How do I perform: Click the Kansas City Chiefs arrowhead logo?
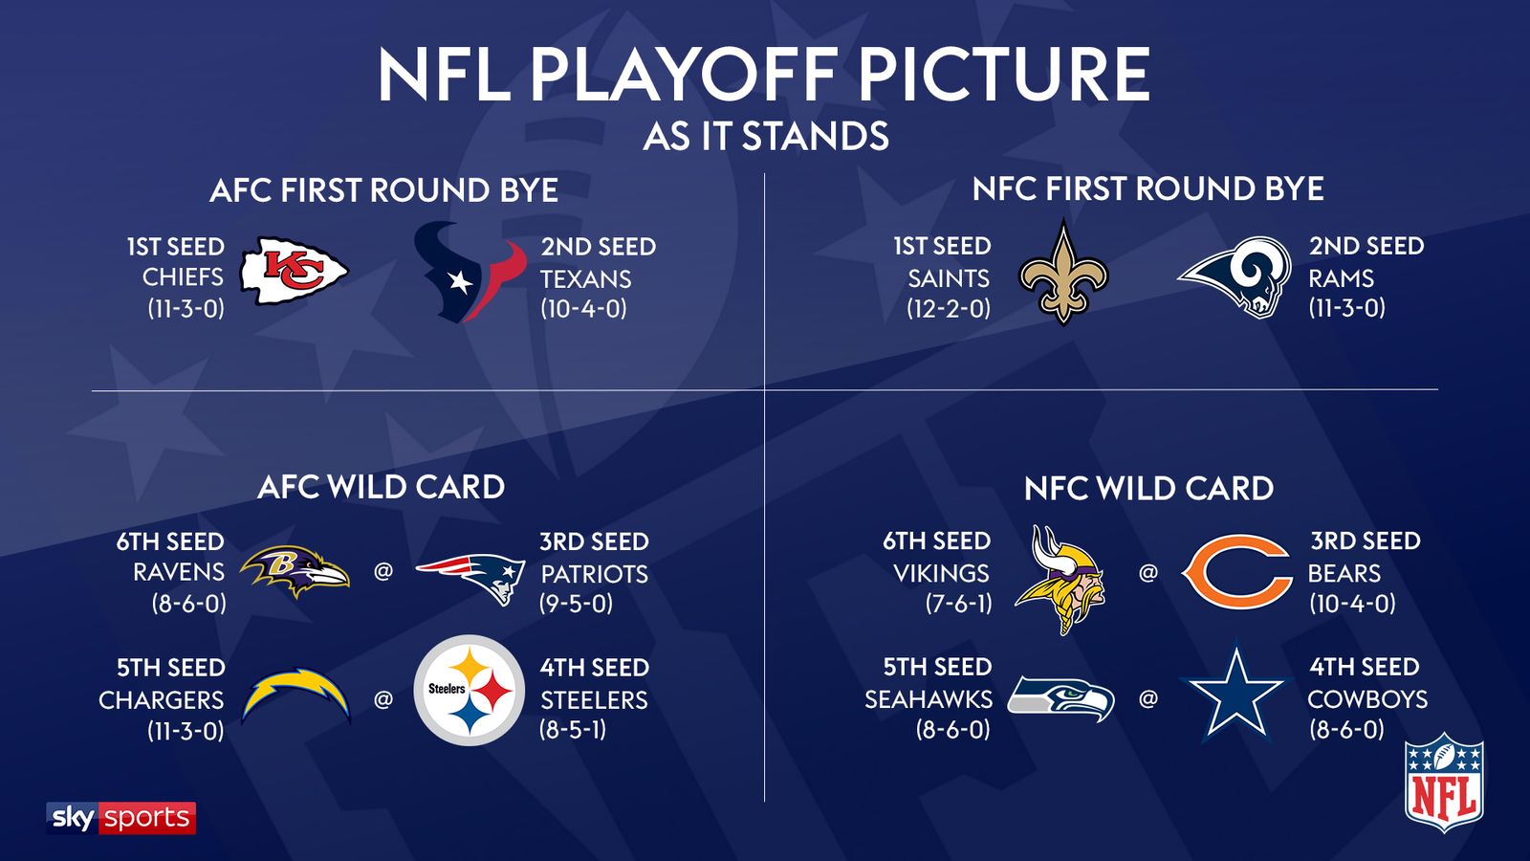click(294, 272)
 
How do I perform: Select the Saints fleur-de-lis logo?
click(1063, 273)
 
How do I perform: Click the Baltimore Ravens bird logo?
click(294, 571)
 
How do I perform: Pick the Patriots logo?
click(471, 577)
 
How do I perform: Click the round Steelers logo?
click(470, 691)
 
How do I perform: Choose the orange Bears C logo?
click(1236, 572)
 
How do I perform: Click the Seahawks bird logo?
click(1061, 698)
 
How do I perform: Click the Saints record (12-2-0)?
click(949, 309)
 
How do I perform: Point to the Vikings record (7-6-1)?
click(958, 604)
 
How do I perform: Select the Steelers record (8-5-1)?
click(573, 730)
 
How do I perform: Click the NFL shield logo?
click(1444, 782)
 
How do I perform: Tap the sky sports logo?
click(121, 818)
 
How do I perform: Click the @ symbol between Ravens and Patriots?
click(383, 572)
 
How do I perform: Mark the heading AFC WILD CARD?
click(382, 487)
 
